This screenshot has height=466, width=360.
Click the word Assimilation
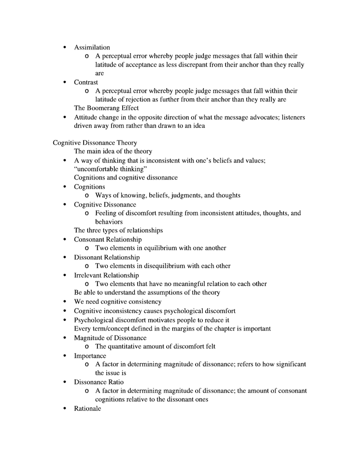coord(92,47)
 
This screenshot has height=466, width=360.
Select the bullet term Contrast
coord(86,82)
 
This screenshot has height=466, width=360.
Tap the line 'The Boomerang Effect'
coord(106,108)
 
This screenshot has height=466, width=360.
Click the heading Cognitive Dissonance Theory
coord(95,143)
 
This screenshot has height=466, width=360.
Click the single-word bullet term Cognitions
coord(90,187)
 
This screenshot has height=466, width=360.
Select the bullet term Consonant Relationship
coord(108,240)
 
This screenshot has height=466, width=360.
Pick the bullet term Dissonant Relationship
coord(107,257)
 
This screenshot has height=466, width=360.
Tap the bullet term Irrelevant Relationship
coord(107,275)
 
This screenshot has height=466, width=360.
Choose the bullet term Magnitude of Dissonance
coord(110,338)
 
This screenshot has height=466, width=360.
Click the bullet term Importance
coord(90,356)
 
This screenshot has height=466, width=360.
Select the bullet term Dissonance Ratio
coord(99,382)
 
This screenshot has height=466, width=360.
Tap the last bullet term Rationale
coord(87,408)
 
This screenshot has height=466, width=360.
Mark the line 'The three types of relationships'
coord(118,230)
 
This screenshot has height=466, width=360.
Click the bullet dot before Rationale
coord(65,409)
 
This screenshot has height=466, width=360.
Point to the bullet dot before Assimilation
coord(65,48)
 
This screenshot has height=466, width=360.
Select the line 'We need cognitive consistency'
coord(118,302)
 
